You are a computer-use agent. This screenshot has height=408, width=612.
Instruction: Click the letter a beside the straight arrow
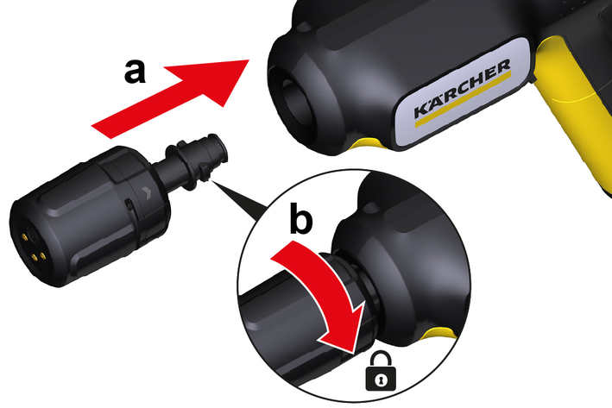click(x=135, y=72)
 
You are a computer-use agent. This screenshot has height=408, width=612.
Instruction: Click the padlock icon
click(x=380, y=371)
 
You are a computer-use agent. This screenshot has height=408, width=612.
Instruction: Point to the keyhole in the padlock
click(x=381, y=380)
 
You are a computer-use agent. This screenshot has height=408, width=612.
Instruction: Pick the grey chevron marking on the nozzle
click(x=146, y=192)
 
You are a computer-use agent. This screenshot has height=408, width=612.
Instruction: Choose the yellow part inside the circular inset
click(x=440, y=334)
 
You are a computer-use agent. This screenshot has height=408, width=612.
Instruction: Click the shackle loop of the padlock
click(x=380, y=358)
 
